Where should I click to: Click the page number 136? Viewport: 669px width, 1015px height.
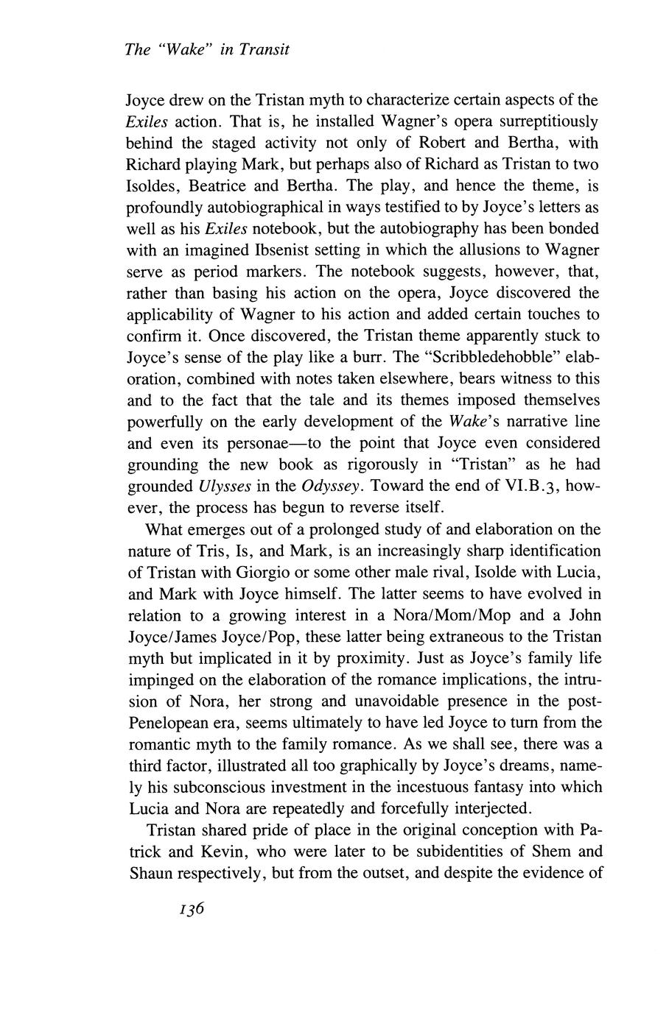pos(190,909)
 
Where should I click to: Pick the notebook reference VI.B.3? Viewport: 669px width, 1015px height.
pos(532,487)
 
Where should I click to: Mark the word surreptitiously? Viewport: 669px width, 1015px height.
pos(533,121)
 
